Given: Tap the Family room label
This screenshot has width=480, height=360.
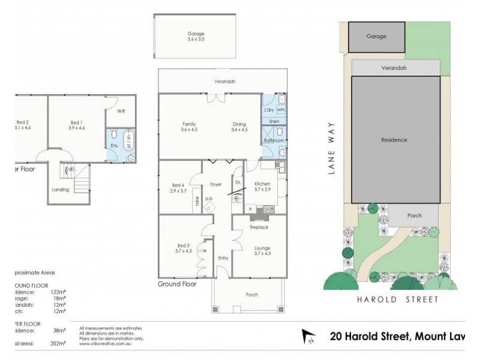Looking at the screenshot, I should pos(188,127).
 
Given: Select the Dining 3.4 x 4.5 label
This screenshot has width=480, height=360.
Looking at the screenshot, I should pos(239,127).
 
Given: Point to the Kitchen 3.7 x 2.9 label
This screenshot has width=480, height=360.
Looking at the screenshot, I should pos(262,186).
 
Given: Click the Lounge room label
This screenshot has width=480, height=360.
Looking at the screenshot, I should pos(262,250).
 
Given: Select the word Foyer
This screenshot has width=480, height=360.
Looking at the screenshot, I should pos(217,176).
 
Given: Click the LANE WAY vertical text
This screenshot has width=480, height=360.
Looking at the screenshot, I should pos(330,148).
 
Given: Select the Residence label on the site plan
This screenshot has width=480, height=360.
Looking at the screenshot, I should pos(394,140).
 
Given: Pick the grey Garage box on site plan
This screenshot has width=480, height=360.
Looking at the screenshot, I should pos(376,37).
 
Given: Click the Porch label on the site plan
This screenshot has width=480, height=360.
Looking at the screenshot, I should pos(414,215).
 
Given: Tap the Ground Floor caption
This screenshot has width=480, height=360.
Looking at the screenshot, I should pos(177,284).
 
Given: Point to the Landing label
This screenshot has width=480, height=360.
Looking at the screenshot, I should pos(61,190).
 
